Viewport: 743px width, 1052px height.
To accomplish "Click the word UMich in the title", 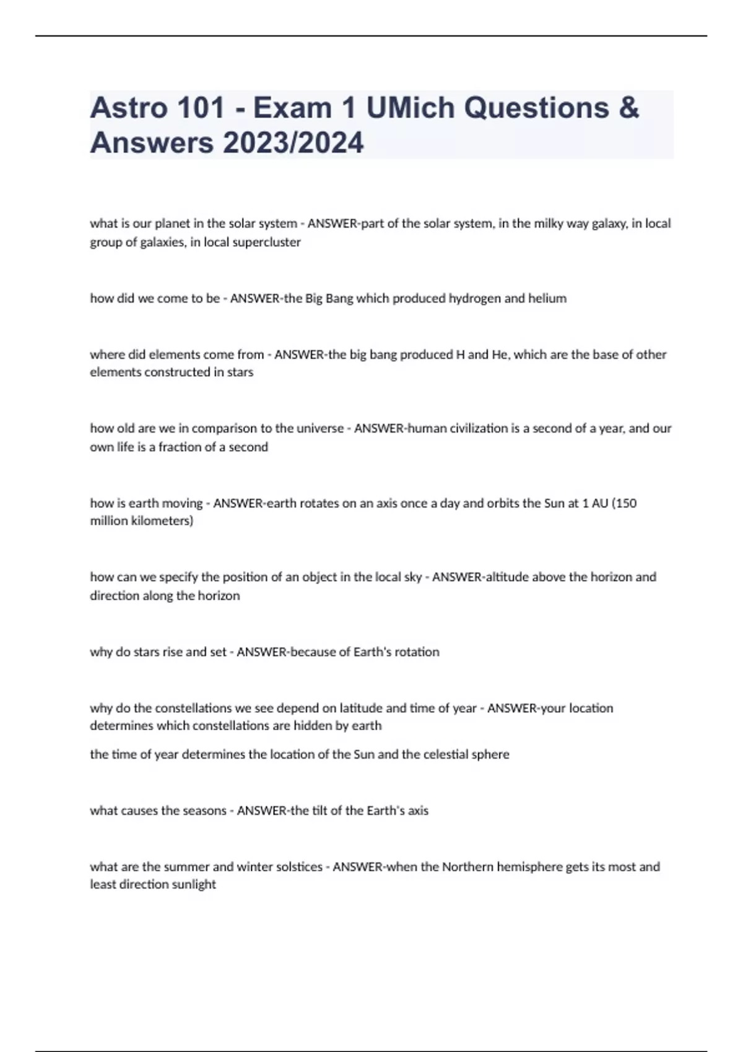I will pyautogui.click(x=411, y=108).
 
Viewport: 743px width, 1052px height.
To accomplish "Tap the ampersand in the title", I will pyautogui.click(x=628, y=108).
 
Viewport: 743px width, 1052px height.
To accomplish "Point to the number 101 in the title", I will pyautogui.click(x=201, y=108).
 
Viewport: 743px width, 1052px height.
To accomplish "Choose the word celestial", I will pyautogui.click(x=443, y=754).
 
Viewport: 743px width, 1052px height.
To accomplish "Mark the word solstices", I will pyautogui.click(x=298, y=866).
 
